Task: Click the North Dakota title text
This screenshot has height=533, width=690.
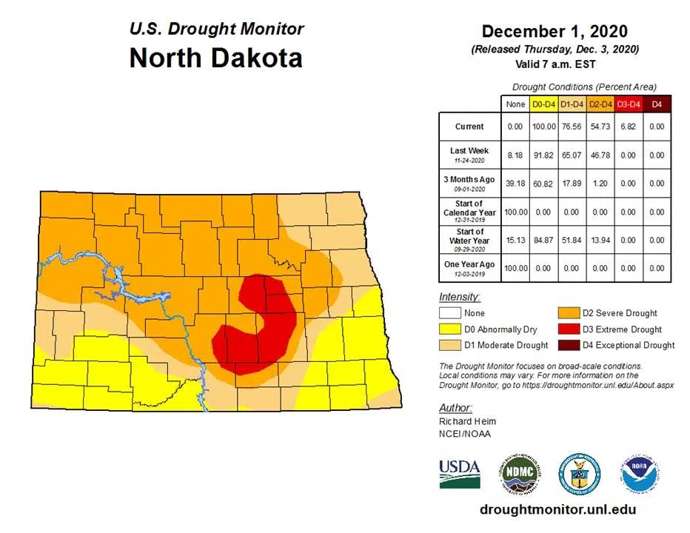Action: (x=215, y=58)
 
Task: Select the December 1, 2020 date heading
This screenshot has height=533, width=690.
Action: (x=554, y=31)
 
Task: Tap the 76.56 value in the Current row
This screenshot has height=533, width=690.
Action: (x=571, y=127)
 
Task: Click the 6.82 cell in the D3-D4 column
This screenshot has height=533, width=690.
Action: (x=628, y=127)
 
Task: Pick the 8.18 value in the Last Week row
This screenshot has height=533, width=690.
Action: (x=515, y=155)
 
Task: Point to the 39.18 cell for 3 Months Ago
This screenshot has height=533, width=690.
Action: (x=515, y=184)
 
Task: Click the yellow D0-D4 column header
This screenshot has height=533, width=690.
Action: (x=543, y=105)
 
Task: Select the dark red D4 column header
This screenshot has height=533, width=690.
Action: (x=656, y=105)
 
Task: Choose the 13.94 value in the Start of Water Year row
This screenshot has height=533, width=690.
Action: (x=599, y=240)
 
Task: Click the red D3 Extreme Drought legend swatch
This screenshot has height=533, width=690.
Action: (x=569, y=329)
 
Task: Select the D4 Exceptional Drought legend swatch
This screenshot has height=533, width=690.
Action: (x=569, y=344)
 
